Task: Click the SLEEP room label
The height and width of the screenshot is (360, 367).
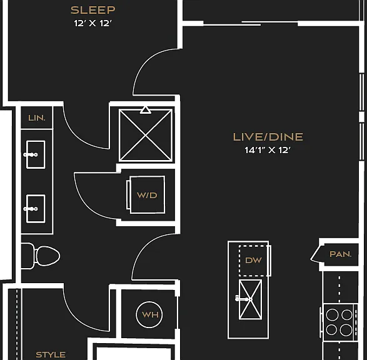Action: click(x=93, y=10)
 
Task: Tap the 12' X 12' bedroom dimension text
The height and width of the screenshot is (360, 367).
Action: click(x=93, y=23)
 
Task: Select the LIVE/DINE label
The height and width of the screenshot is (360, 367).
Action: click(x=268, y=137)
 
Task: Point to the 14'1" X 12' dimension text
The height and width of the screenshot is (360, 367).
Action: click(x=268, y=150)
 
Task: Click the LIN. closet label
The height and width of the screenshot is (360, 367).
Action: click(x=37, y=118)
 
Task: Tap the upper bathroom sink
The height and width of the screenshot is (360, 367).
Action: click(x=36, y=154)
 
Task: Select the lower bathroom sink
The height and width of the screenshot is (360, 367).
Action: click(x=36, y=209)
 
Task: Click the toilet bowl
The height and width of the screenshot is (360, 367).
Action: click(x=48, y=256)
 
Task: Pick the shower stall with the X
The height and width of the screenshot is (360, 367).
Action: click(x=146, y=135)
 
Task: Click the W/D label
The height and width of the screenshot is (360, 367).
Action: click(x=147, y=196)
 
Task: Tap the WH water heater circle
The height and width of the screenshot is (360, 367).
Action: click(x=149, y=314)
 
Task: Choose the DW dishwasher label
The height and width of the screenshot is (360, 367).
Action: click(x=253, y=260)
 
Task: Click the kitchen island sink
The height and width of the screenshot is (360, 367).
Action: click(x=250, y=299)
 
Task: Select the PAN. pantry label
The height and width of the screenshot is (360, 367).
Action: click(x=341, y=254)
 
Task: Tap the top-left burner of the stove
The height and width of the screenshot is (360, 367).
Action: click(x=332, y=315)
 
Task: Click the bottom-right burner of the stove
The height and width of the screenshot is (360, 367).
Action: click(x=346, y=330)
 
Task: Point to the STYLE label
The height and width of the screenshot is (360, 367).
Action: click(x=51, y=354)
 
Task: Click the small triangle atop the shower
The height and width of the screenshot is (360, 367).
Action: click(x=145, y=110)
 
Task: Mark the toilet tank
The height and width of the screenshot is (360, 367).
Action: click(x=28, y=256)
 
